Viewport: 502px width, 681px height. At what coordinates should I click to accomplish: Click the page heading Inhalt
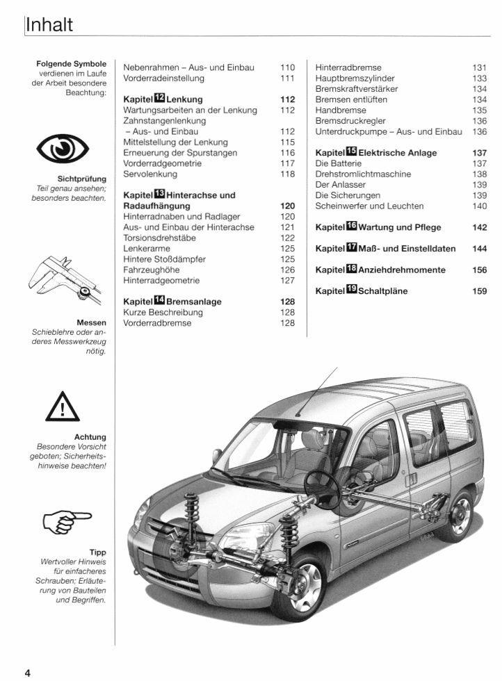click(x=49, y=25)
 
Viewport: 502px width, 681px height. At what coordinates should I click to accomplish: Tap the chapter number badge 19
click(x=351, y=290)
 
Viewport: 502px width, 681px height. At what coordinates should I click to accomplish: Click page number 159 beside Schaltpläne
click(x=479, y=291)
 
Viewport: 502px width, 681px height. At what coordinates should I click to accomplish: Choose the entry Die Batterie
click(x=340, y=163)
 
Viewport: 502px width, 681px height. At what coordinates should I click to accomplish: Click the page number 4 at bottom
click(x=28, y=671)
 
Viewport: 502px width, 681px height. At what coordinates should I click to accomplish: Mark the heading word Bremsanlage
click(x=194, y=302)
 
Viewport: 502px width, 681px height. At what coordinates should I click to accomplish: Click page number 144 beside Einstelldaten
click(x=479, y=248)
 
